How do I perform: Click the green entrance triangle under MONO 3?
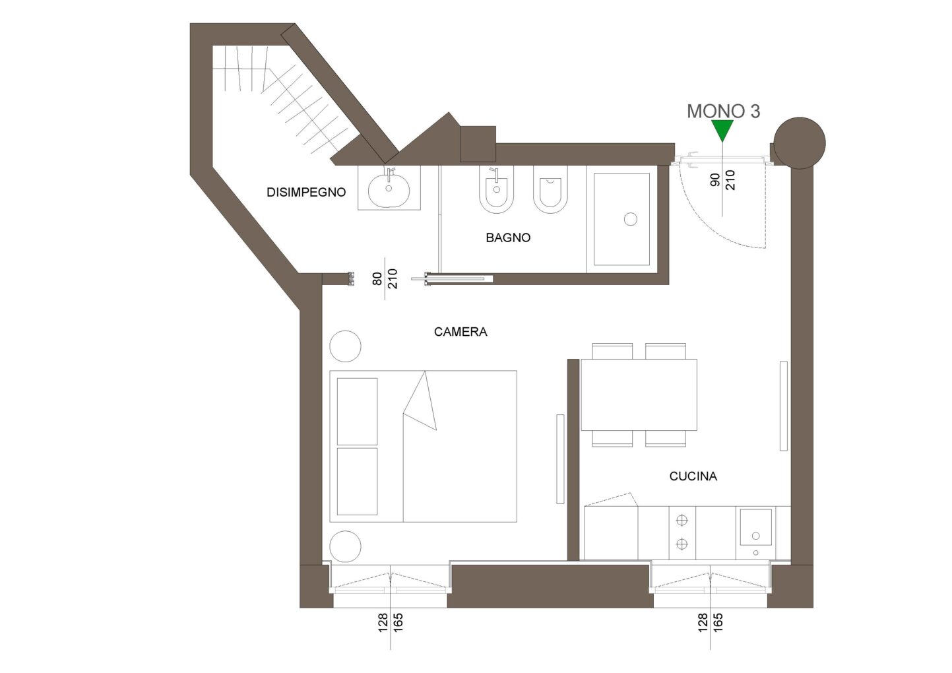722,129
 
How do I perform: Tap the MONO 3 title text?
723,111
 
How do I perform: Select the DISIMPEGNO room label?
306,192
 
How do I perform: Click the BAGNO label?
508,238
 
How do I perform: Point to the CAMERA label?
460,332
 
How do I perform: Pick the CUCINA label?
693,476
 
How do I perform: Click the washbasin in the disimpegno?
389,191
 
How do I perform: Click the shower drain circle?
630,219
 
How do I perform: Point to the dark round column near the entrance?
800,143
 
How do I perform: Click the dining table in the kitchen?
639,395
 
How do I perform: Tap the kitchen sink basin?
755,527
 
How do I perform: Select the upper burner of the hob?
682,520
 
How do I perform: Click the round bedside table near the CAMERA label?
346,346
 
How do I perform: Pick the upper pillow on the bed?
357,411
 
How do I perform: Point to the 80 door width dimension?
377,279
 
